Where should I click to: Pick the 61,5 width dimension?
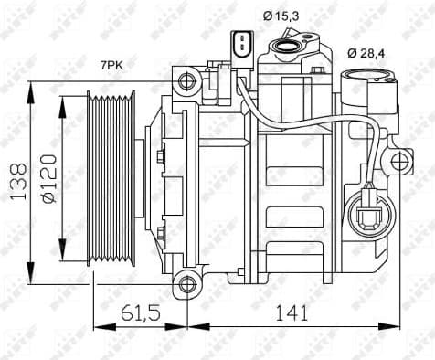[x=140, y=312]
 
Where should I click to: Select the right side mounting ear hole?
[x=399, y=163]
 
